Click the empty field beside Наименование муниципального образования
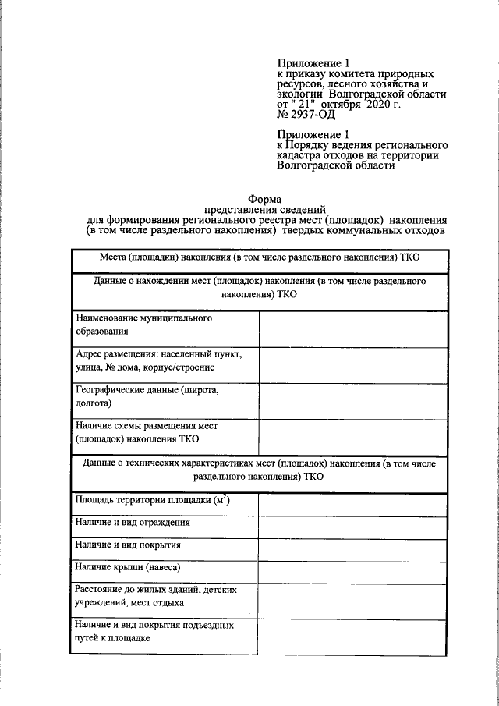pos(353,329)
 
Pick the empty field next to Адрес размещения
pos(353,365)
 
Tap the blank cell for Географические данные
pos(353,400)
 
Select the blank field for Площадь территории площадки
pos(353,505)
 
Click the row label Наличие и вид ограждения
pos(133,523)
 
